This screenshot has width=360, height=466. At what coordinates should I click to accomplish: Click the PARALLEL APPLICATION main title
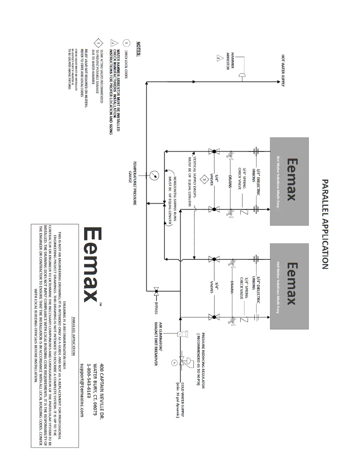325,224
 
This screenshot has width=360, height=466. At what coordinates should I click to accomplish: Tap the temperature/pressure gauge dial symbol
154,176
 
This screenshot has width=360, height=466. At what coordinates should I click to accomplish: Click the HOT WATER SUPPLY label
283,70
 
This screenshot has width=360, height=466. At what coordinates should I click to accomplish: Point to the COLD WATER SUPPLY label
180,400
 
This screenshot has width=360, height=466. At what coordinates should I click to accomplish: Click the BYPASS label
156,308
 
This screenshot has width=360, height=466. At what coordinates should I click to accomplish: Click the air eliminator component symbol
179,334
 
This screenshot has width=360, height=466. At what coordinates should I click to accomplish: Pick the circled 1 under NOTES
126,43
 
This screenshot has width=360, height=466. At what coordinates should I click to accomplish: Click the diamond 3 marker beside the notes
99,43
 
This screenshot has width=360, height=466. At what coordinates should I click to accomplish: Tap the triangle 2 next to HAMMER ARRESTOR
219,58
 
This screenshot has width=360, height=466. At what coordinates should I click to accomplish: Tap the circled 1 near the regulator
174,363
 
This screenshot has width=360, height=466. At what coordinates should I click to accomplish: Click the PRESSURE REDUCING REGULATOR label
201,361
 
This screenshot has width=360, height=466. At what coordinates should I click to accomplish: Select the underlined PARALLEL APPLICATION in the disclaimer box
74,336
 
